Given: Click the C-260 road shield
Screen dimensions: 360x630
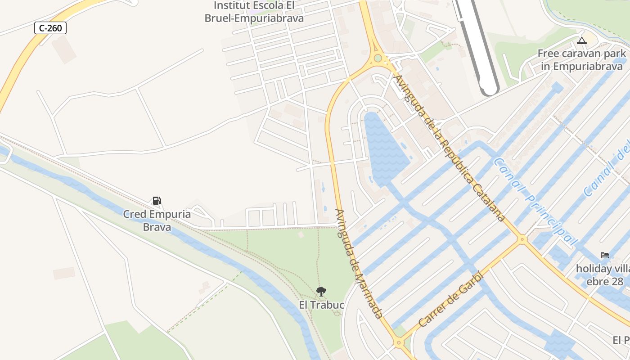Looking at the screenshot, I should coord(50,28).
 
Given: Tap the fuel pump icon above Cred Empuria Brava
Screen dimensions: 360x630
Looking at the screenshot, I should coord(157,201).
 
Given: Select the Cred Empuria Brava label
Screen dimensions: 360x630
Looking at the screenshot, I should coord(157,220).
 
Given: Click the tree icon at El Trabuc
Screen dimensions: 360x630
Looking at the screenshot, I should coord(321,292).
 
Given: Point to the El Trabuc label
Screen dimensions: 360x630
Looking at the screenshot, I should coord(321,305).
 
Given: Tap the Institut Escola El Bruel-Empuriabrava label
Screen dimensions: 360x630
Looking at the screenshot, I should coord(254,12).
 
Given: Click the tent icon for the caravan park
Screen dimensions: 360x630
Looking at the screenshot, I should coord(582,41).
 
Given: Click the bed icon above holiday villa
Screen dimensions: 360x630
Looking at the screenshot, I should coord(605,255).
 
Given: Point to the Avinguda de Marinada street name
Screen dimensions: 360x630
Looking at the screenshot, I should coord(359,263).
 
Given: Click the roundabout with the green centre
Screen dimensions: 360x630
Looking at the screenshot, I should coord(378,58).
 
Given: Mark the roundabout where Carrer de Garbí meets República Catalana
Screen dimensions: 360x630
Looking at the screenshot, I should coord(522,239).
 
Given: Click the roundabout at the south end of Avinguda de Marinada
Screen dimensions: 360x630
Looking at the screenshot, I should coord(398,343).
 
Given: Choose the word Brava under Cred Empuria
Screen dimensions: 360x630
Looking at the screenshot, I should coord(157,227).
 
